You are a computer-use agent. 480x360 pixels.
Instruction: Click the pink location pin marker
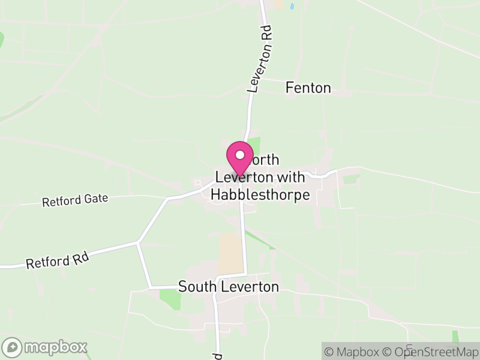239,158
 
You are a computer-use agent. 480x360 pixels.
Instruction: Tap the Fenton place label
308,88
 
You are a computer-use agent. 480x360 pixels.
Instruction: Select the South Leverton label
229,287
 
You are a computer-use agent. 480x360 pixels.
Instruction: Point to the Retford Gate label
75,200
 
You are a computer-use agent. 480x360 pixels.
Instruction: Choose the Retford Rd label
58,260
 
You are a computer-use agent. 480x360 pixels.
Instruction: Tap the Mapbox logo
45,347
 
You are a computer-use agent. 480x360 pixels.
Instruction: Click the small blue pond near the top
292,7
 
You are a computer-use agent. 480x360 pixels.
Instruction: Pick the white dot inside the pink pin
239,154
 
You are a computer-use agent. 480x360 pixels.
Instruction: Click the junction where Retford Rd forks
138,242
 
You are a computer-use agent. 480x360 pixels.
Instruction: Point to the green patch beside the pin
255,146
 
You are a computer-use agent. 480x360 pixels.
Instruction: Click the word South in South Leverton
197,287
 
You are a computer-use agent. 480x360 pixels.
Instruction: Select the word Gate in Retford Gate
95,197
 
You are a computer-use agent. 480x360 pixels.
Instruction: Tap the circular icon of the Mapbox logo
13,347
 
